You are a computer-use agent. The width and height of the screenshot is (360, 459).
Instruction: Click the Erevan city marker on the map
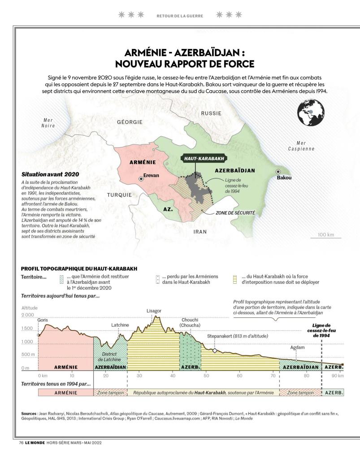(141, 178)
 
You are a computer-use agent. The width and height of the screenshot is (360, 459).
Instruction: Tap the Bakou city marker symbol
(278, 172)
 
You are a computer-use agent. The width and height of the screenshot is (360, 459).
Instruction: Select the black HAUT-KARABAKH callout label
(204, 158)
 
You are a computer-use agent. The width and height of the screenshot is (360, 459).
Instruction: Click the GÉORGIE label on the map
(130, 122)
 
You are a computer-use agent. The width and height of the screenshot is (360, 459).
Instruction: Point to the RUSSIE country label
(211, 113)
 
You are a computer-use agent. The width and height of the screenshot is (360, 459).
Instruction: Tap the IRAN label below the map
(200, 232)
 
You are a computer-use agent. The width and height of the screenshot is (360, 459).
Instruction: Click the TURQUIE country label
(119, 195)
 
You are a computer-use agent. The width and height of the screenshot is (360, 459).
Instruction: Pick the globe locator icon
(310, 111)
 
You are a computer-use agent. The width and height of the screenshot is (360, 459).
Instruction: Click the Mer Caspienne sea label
(301, 146)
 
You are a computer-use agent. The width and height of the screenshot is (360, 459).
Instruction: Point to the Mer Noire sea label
(48, 123)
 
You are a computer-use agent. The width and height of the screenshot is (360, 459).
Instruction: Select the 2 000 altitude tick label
(28, 315)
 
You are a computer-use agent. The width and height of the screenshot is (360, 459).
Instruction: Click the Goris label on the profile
(43, 320)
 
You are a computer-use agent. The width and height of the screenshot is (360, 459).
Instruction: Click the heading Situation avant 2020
(47, 174)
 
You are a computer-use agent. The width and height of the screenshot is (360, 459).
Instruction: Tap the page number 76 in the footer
(21, 442)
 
